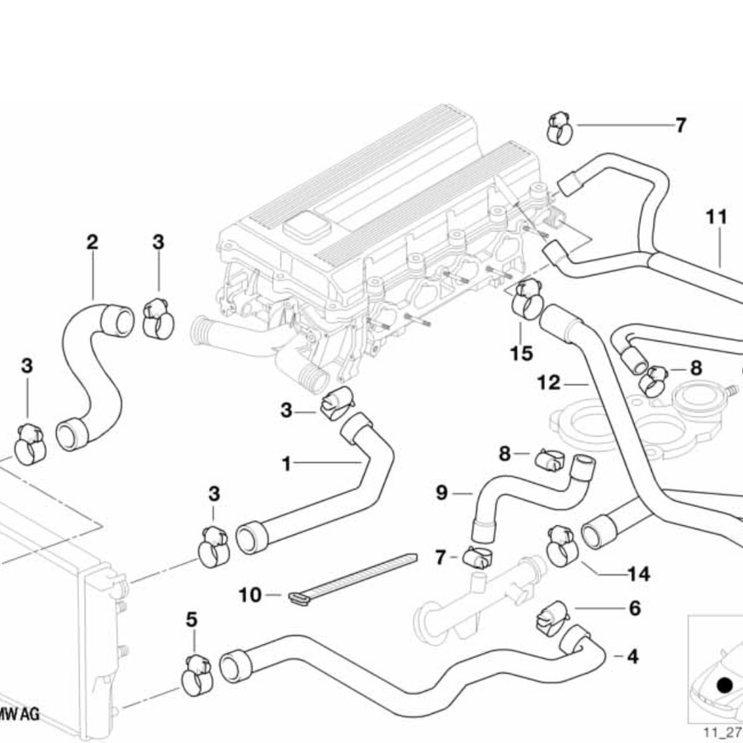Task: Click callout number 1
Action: coord(286,464)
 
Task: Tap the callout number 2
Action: coord(92,242)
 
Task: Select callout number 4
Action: coord(632,658)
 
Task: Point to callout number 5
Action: coord(192,618)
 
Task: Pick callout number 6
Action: coord(634,609)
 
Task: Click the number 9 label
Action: coord(442,493)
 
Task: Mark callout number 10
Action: coord(249,594)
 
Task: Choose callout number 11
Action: coord(717,217)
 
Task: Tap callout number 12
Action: coord(548,383)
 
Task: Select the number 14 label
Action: coord(638,573)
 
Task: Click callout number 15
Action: coord(521,353)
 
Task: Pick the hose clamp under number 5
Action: coord(196,674)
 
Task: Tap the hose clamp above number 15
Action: coord(527,299)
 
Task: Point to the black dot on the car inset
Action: coord(725,684)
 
